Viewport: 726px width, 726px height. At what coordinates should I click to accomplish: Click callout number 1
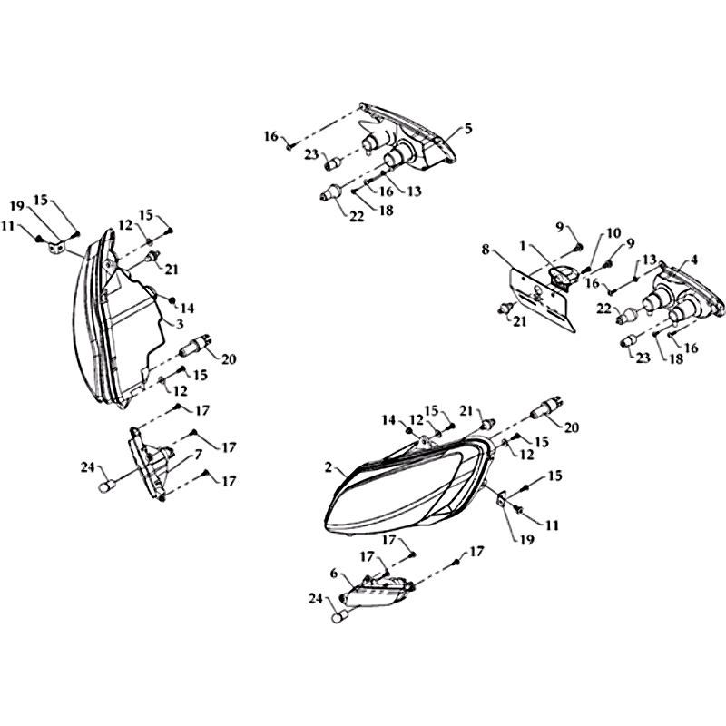click(523, 247)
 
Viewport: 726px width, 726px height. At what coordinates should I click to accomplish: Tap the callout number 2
click(329, 467)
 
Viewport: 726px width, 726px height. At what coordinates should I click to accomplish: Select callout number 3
click(180, 323)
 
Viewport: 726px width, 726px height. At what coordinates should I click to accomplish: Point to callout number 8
click(486, 250)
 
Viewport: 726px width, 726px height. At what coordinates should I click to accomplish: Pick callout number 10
click(613, 233)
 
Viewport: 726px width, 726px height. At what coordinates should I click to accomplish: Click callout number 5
click(468, 128)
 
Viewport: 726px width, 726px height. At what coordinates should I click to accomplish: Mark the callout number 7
click(198, 456)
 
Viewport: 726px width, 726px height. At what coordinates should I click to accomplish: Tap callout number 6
click(334, 574)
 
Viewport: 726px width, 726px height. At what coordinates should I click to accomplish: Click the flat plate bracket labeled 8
click(543, 301)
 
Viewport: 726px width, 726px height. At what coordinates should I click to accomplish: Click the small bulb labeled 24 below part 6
click(339, 618)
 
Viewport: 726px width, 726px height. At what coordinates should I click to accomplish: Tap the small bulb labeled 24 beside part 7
click(106, 486)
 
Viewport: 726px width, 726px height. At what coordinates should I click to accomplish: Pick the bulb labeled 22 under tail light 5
click(331, 191)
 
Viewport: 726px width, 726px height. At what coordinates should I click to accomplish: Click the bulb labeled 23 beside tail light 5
click(333, 163)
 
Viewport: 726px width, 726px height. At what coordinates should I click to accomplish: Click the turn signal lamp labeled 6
click(378, 591)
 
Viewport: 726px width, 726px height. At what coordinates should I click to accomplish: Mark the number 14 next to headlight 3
click(187, 308)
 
